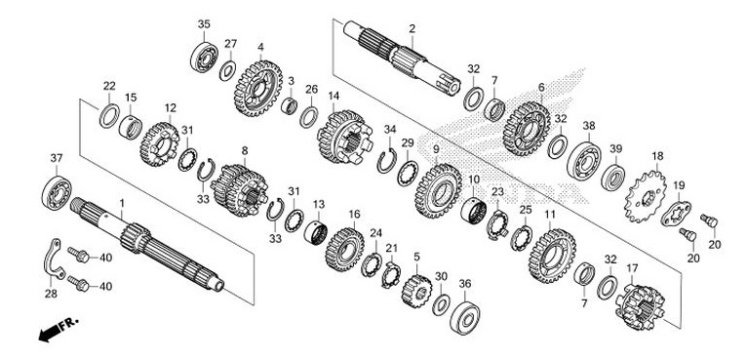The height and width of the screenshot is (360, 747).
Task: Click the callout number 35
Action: click(204, 24)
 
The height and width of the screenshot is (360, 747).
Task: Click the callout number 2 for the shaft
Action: click(413, 29)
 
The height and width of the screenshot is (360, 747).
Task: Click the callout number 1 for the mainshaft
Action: click(122, 203)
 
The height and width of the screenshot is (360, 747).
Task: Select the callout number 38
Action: click(588, 126)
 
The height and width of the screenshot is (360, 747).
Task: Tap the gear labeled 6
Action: click(528, 129)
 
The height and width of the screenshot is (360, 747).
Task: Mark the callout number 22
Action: click(109, 86)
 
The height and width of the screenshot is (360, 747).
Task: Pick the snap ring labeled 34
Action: click(386, 156)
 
